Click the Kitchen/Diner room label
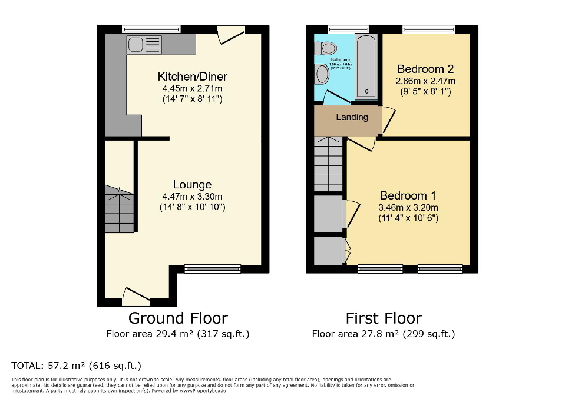pos(192,77)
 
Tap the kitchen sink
pos(144,44)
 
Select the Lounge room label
pos(192,185)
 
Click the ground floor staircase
pos(120,210)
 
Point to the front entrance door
pos(136,296)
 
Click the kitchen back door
pos(230,34)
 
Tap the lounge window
pos(212,269)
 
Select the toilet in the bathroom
pos(326,49)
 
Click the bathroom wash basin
pos(322,74)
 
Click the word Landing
pos(352,117)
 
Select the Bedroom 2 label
pos(425,68)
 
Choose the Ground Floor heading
pos(178,318)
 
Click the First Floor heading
pos(384,318)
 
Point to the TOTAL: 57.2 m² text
pos(77,365)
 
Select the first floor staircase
pos(328,164)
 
